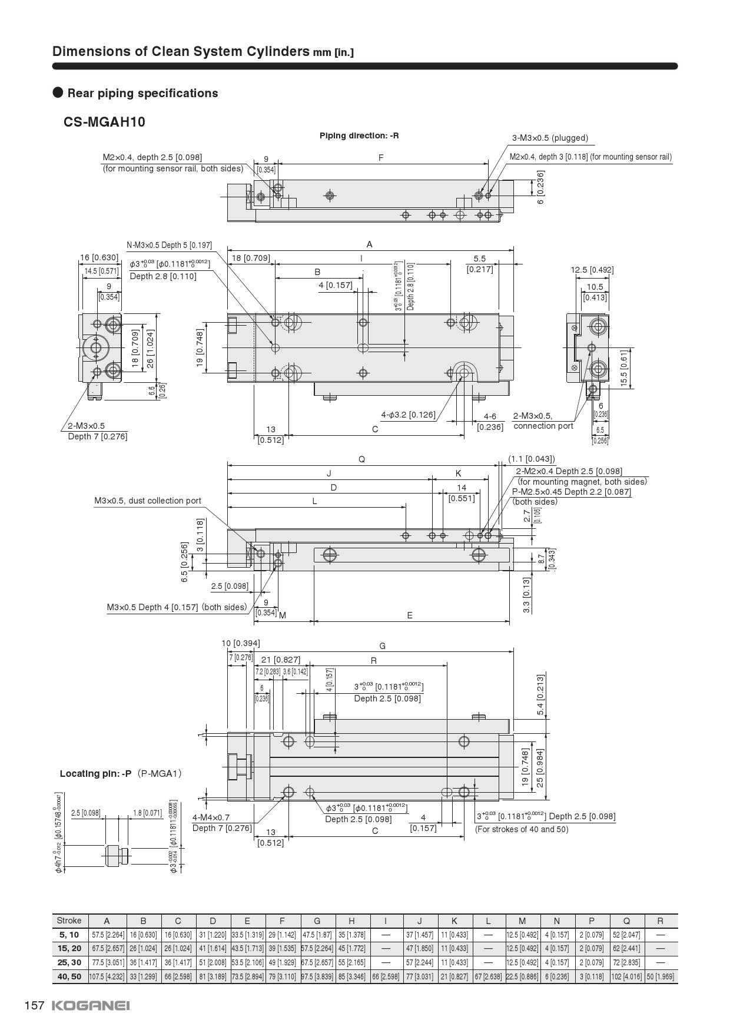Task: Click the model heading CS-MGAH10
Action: (x=104, y=122)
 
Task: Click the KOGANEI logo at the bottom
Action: (x=91, y=1005)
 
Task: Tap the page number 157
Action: (x=34, y=1005)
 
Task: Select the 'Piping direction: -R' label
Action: (x=359, y=135)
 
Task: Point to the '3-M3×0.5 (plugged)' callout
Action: (x=550, y=138)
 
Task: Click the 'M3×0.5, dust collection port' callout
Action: (x=148, y=501)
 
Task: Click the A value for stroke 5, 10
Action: (x=107, y=935)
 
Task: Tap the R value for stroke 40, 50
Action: (x=660, y=976)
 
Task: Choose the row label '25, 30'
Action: (x=69, y=962)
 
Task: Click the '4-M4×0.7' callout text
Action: (x=211, y=817)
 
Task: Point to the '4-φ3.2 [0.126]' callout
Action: (x=408, y=415)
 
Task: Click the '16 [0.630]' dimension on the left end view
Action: (x=99, y=257)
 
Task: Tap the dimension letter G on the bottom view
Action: (x=382, y=646)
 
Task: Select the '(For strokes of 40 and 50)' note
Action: (x=522, y=829)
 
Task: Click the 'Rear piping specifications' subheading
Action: (x=142, y=93)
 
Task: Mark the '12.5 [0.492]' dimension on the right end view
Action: (x=592, y=270)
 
